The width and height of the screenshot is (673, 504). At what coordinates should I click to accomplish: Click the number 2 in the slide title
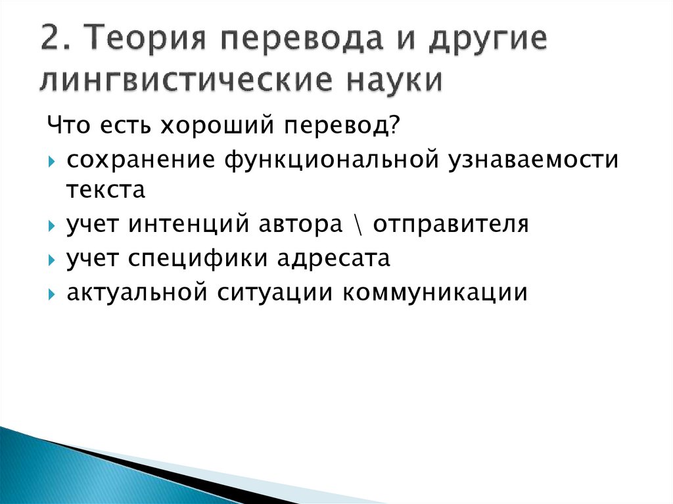pyautogui.click(x=52, y=41)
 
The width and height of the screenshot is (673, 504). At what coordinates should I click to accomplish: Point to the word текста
pyautogui.click(x=104, y=191)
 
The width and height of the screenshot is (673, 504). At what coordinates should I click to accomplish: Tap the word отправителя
pyautogui.click(x=452, y=225)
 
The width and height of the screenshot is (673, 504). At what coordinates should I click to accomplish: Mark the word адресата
pyautogui.click(x=333, y=258)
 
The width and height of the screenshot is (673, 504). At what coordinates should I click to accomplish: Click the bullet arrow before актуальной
pyautogui.click(x=52, y=294)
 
